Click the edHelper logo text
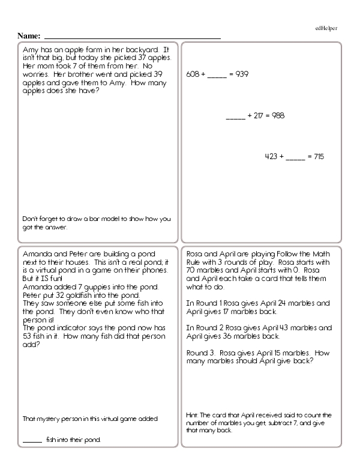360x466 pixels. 326,28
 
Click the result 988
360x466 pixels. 277,115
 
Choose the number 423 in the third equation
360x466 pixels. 271,157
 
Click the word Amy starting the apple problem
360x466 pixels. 29,49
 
